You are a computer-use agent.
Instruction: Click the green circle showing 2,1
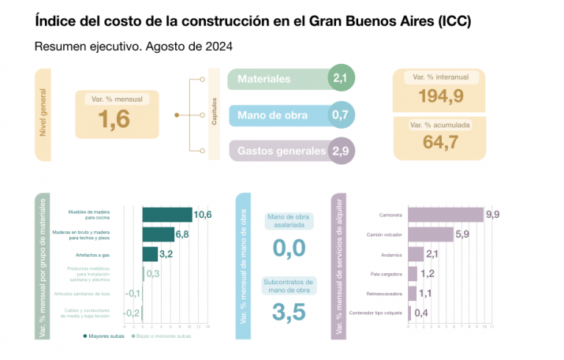[x=341, y=78]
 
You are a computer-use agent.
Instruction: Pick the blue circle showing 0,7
[x=341, y=115]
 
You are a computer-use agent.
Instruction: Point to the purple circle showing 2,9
[x=341, y=151]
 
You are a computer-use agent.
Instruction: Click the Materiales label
[x=264, y=79]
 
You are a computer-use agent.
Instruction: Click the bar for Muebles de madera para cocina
[x=167, y=215]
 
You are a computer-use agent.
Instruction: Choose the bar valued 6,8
[x=158, y=234]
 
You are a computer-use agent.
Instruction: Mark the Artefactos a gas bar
[x=149, y=253]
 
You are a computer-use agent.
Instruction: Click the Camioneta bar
[x=446, y=215]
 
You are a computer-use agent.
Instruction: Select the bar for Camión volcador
[x=431, y=234]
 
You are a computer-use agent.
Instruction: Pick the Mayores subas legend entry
[x=104, y=336]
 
